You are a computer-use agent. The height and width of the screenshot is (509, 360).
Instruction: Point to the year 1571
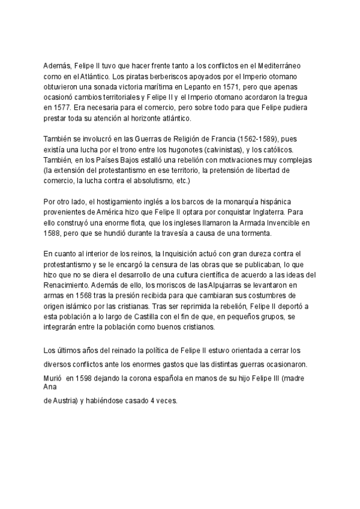(235, 86)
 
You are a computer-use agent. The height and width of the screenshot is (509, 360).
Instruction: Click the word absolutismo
(163, 179)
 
